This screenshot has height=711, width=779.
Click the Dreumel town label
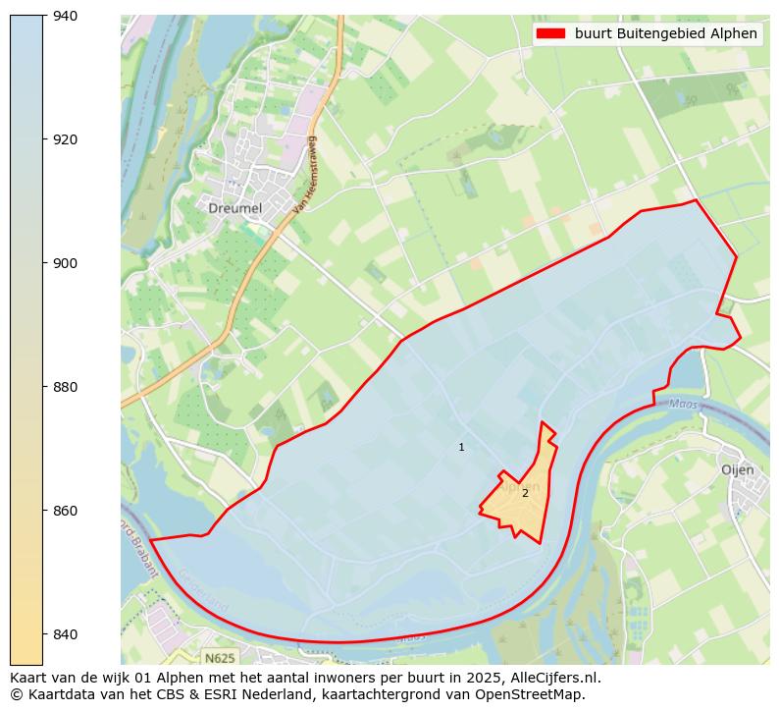click(x=234, y=208)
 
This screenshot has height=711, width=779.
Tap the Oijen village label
click(x=737, y=469)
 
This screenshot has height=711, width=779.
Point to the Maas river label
click(x=683, y=404)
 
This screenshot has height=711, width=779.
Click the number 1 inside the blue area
click(x=461, y=448)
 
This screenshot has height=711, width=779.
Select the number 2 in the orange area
click(x=525, y=493)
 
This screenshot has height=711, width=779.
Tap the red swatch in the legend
click(x=551, y=33)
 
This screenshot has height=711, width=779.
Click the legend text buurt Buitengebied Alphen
click(x=665, y=33)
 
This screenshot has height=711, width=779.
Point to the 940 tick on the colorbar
click(x=65, y=16)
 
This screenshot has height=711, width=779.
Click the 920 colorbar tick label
click(x=65, y=139)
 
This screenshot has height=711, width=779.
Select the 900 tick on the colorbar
click(x=65, y=263)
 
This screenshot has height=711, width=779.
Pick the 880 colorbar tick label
click(x=65, y=387)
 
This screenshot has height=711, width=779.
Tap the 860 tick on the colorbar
click(x=65, y=511)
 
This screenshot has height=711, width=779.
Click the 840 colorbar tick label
click(x=65, y=634)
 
